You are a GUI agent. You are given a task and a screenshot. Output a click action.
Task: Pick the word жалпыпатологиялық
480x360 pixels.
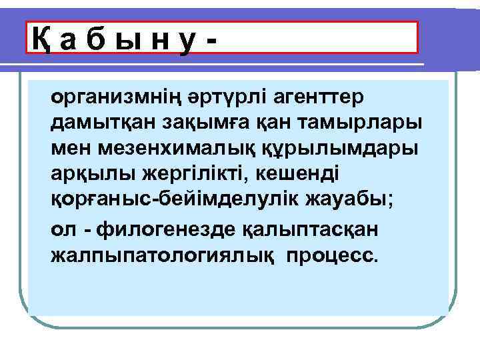click(164, 255)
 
